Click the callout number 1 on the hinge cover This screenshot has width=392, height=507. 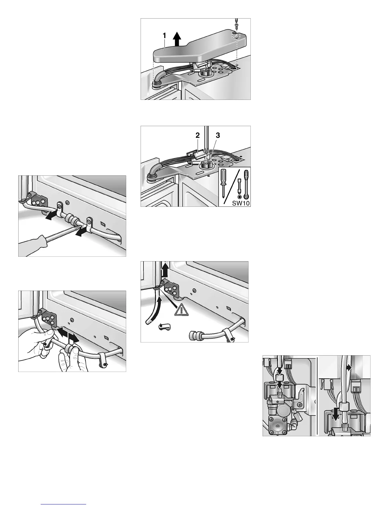click(x=164, y=36)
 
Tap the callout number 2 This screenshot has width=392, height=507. click(x=198, y=135)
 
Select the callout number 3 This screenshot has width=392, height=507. click(x=217, y=135)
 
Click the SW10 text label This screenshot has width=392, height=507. click(x=241, y=203)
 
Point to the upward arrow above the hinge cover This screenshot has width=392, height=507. click(x=177, y=39)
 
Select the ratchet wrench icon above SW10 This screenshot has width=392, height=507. click(x=245, y=184)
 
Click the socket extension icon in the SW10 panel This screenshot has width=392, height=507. click(x=239, y=186)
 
